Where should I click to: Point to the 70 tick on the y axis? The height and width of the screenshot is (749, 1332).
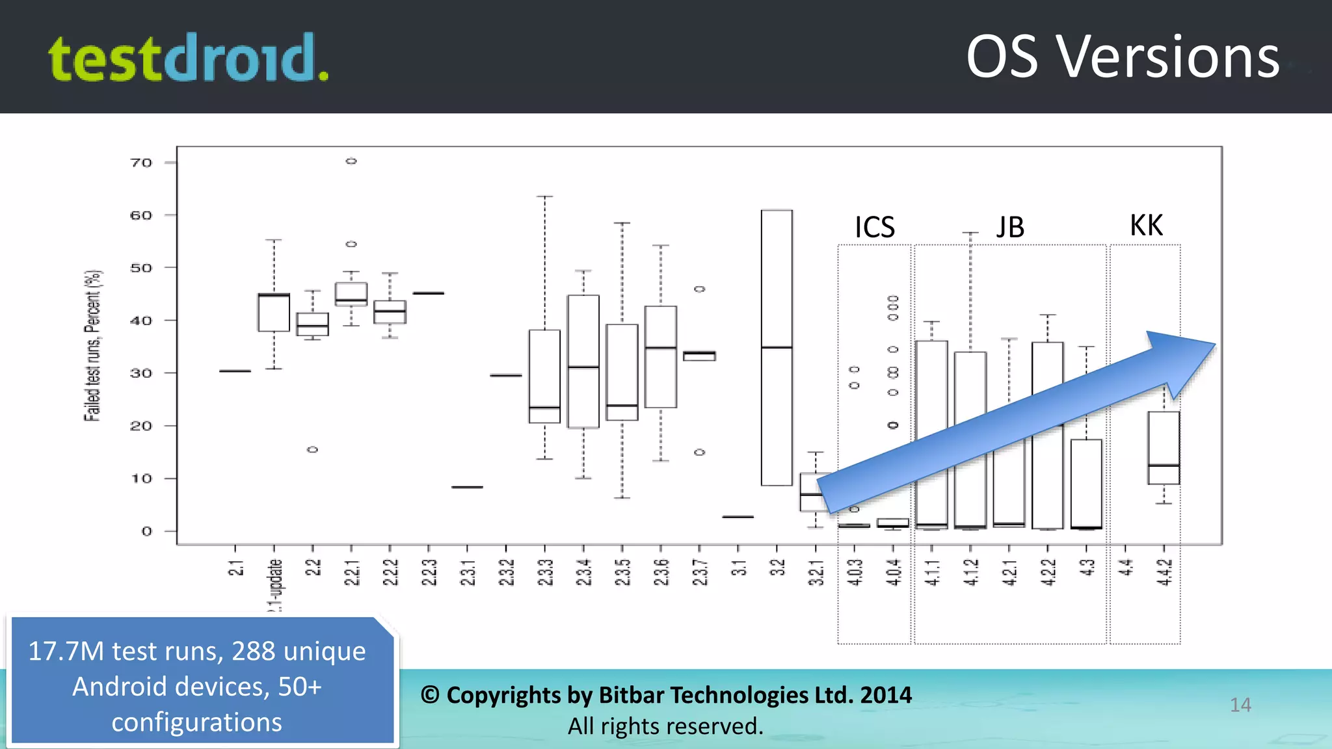coord(141,163)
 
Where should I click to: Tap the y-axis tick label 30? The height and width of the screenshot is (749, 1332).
coord(141,373)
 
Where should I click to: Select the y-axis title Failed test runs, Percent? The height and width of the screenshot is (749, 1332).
coord(93,345)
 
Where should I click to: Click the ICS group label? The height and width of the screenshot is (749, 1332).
coord(874,228)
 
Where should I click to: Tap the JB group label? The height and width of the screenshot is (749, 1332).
coord(1010,228)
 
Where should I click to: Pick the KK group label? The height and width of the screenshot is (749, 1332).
coord(1146,226)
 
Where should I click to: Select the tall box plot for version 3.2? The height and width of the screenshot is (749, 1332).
coord(777,348)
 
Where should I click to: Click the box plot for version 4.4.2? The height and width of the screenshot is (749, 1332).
coord(1164,448)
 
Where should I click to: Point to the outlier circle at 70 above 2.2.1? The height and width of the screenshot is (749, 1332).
coord(351,161)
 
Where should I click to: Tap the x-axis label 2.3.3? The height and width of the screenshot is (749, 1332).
coord(545,572)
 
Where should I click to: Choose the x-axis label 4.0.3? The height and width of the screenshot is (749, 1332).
coord(855,572)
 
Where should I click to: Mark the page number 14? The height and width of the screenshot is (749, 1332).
coord(1240,705)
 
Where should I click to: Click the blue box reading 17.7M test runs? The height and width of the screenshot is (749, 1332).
coord(198,687)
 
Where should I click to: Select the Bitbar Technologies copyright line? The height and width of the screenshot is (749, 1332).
coord(666,695)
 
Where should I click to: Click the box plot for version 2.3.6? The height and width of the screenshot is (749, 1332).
coord(661,357)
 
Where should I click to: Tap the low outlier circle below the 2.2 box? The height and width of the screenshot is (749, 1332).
coord(313,449)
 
